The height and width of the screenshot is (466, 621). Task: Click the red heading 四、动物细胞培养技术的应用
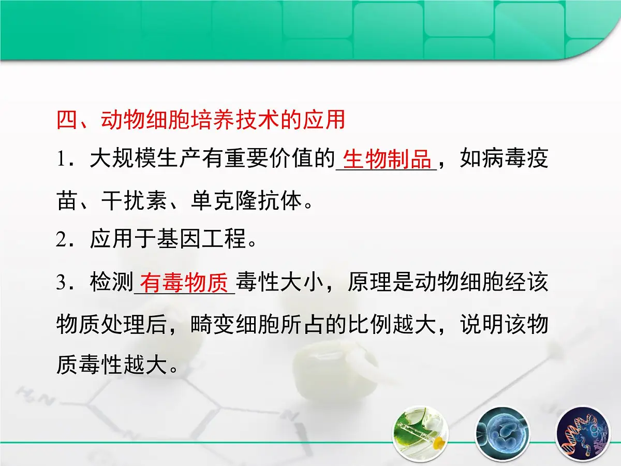(201, 120)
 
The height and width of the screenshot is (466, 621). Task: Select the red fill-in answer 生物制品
(387, 160)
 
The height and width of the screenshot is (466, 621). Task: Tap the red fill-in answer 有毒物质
(184, 284)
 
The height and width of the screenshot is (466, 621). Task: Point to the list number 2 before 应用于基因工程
(64, 240)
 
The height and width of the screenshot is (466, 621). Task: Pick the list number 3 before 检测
(64, 284)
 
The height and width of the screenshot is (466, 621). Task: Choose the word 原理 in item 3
(369, 284)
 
